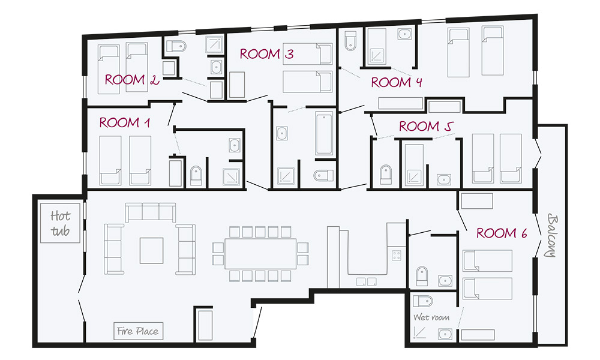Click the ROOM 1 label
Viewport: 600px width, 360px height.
point(124,122)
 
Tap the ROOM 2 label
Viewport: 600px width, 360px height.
point(131,80)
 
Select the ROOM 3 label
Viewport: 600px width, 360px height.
point(267,54)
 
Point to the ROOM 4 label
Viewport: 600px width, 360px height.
point(397,82)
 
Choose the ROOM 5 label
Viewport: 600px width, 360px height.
point(426,126)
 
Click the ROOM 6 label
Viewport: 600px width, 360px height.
point(502,233)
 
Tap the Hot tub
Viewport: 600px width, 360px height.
point(60,223)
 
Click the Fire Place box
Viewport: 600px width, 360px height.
point(138,331)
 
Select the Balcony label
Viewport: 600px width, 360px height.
point(552,235)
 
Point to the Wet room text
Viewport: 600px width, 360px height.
point(431,317)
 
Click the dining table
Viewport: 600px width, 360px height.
point(260,254)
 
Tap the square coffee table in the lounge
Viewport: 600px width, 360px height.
point(152,251)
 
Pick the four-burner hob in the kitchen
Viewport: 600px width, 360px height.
point(397,255)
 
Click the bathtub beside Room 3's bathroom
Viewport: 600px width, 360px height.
point(324,133)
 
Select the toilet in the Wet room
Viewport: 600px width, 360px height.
point(422,301)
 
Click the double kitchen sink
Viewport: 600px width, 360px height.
point(366,282)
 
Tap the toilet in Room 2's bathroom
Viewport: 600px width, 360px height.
point(176,46)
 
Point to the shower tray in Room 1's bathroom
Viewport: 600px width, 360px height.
point(232,177)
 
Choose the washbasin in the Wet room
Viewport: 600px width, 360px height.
point(445,334)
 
